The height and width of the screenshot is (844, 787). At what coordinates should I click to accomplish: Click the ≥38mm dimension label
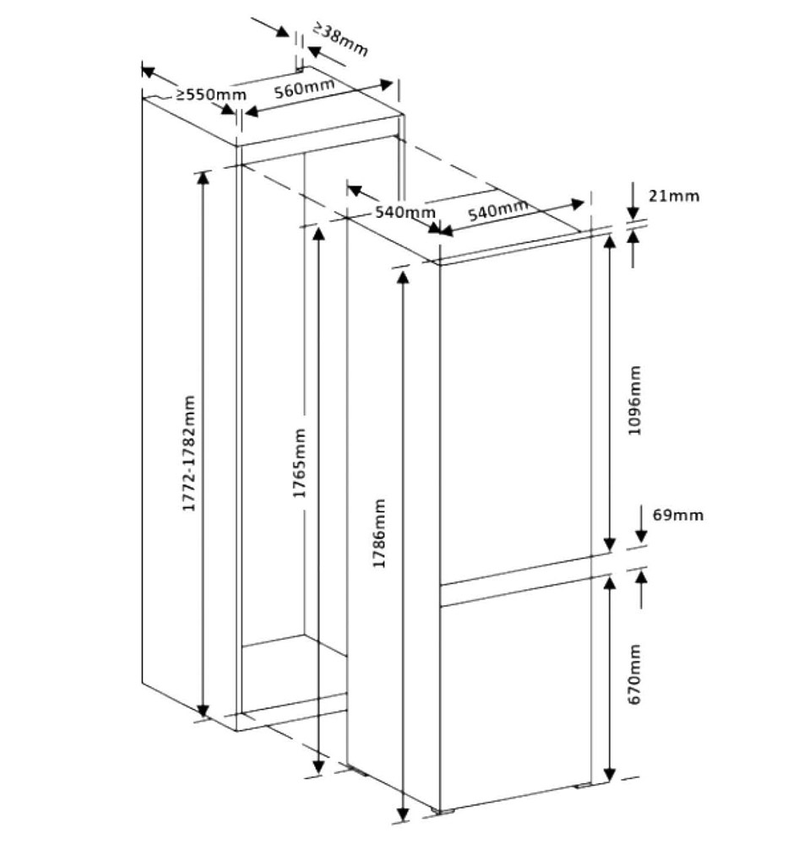340,39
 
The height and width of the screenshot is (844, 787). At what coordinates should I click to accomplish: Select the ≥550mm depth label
210,95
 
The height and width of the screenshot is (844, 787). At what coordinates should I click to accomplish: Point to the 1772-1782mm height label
189,453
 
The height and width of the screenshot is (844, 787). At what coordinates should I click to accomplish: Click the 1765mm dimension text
299,463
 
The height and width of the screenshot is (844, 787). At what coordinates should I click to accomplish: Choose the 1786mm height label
379,533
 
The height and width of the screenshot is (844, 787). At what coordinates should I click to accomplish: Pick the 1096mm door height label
635,400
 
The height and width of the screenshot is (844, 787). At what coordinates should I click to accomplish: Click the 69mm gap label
678,515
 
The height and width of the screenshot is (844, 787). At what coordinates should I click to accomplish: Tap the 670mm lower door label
635,674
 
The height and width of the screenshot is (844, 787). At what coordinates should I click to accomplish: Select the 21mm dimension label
673,196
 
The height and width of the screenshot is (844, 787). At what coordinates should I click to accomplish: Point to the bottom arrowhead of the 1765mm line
319,766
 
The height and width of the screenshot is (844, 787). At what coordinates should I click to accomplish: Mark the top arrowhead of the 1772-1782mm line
203,178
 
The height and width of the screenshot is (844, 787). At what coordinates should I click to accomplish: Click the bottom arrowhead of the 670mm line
609,775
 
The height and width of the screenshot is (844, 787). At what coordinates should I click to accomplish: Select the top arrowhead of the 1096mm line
609,242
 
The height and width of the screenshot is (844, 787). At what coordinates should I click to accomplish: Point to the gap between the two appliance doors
516,581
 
